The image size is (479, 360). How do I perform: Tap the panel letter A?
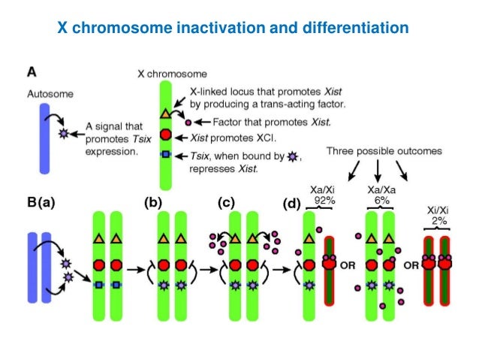(33, 72)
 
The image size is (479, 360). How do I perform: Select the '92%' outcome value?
(318, 201)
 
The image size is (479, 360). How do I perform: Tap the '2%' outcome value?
(438, 222)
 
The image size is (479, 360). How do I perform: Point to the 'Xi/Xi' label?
(438, 211)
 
